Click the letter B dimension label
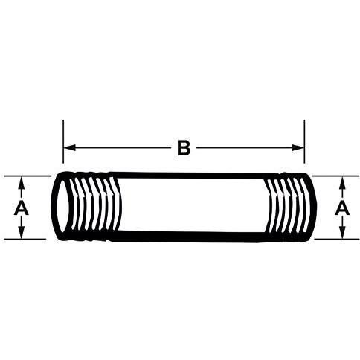tap(184, 148)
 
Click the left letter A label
tap(22, 208)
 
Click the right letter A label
tap(342, 208)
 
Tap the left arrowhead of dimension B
tap(70, 148)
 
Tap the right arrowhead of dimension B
tap(298, 148)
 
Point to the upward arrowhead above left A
tap(22, 182)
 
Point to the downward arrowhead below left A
tap(22, 233)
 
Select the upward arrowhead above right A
tap(343, 182)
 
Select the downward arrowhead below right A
tap(343, 233)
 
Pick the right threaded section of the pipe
tap(290, 206)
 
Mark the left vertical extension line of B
tap(63, 141)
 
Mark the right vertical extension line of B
tap(304, 141)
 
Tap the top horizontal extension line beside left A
tap(28, 176)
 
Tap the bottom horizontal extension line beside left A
tap(25, 240)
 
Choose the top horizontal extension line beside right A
tap(336, 176)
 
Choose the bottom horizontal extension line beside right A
tap(337, 240)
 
